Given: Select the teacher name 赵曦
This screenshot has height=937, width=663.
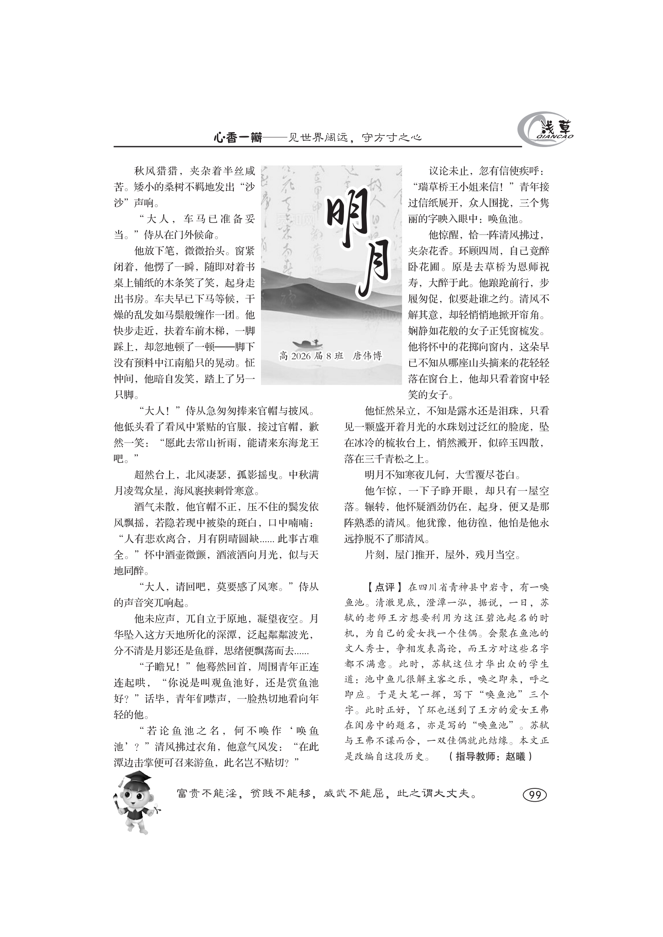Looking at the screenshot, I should pos(515,756).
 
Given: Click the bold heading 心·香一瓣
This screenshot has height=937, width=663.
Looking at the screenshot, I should pos(238,137).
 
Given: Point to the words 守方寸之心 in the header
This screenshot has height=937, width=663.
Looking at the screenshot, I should pos(392,137).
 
